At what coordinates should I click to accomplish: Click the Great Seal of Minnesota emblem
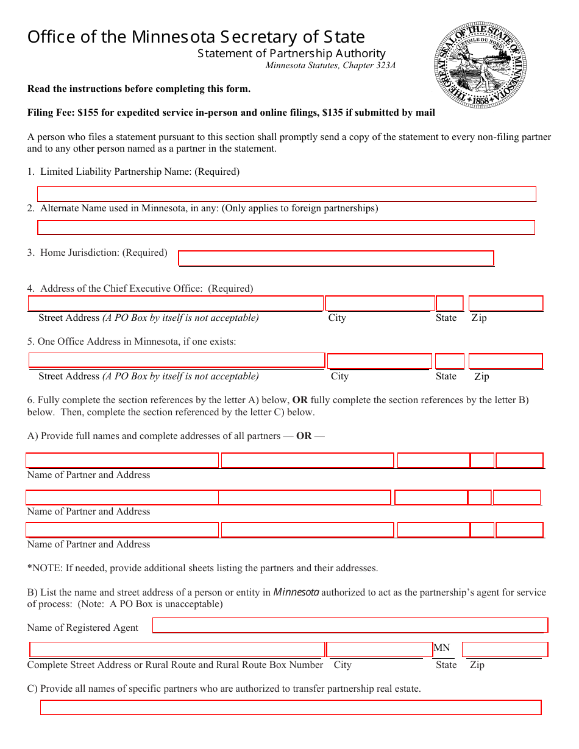[480, 64]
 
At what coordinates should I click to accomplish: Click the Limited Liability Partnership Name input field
[286, 194]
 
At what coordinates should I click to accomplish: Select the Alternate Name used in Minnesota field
[286, 228]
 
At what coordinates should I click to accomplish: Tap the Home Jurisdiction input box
[336, 258]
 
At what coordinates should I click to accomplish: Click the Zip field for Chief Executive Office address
[505, 303]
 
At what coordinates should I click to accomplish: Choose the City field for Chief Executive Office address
[380, 303]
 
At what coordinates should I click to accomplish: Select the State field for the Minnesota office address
[450, 361]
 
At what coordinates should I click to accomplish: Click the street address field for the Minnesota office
[177, 360]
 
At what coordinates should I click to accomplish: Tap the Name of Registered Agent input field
[350, 625]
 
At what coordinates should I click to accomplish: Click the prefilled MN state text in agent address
[442, 648]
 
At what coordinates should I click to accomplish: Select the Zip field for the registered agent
[505, 650]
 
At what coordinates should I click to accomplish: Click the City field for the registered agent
[379, 650]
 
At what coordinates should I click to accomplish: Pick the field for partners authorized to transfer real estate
[291, 708]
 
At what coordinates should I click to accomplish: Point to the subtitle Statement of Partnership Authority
[291, 54]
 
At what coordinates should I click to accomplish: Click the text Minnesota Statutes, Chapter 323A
[330, 66]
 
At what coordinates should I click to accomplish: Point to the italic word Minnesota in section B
[296, 592]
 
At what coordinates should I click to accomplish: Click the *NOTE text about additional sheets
[202, 568]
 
